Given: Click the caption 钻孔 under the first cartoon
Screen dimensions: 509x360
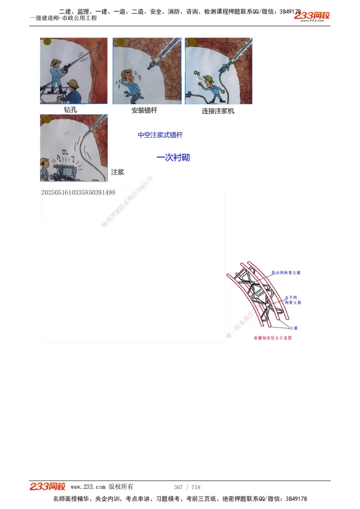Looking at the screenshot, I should [71, 109].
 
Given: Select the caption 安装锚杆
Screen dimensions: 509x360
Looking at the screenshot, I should [144, 110].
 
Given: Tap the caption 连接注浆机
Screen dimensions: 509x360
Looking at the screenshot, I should [218, 111].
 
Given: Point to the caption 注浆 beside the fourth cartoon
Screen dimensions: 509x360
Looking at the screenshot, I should [117, 172].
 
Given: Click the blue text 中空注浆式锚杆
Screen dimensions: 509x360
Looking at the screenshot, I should [160, 135].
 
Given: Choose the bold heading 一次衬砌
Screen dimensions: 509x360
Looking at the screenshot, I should [173, 157].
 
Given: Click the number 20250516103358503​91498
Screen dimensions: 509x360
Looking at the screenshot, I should [78, 192].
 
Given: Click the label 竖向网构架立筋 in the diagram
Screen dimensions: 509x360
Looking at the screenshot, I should [286, 272].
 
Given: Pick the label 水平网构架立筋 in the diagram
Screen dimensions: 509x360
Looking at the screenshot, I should [292, 300].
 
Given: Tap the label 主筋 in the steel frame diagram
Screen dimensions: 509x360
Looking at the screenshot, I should [293, 328].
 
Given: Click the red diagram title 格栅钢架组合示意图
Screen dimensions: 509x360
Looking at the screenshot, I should [272, 338].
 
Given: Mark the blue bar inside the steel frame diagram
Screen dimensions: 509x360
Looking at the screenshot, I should [257, 293].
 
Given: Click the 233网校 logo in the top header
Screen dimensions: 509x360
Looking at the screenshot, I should [312, 16].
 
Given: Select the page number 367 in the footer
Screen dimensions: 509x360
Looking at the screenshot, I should [178, 487].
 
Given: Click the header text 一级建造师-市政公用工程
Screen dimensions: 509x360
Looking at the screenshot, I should [63, 18].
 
